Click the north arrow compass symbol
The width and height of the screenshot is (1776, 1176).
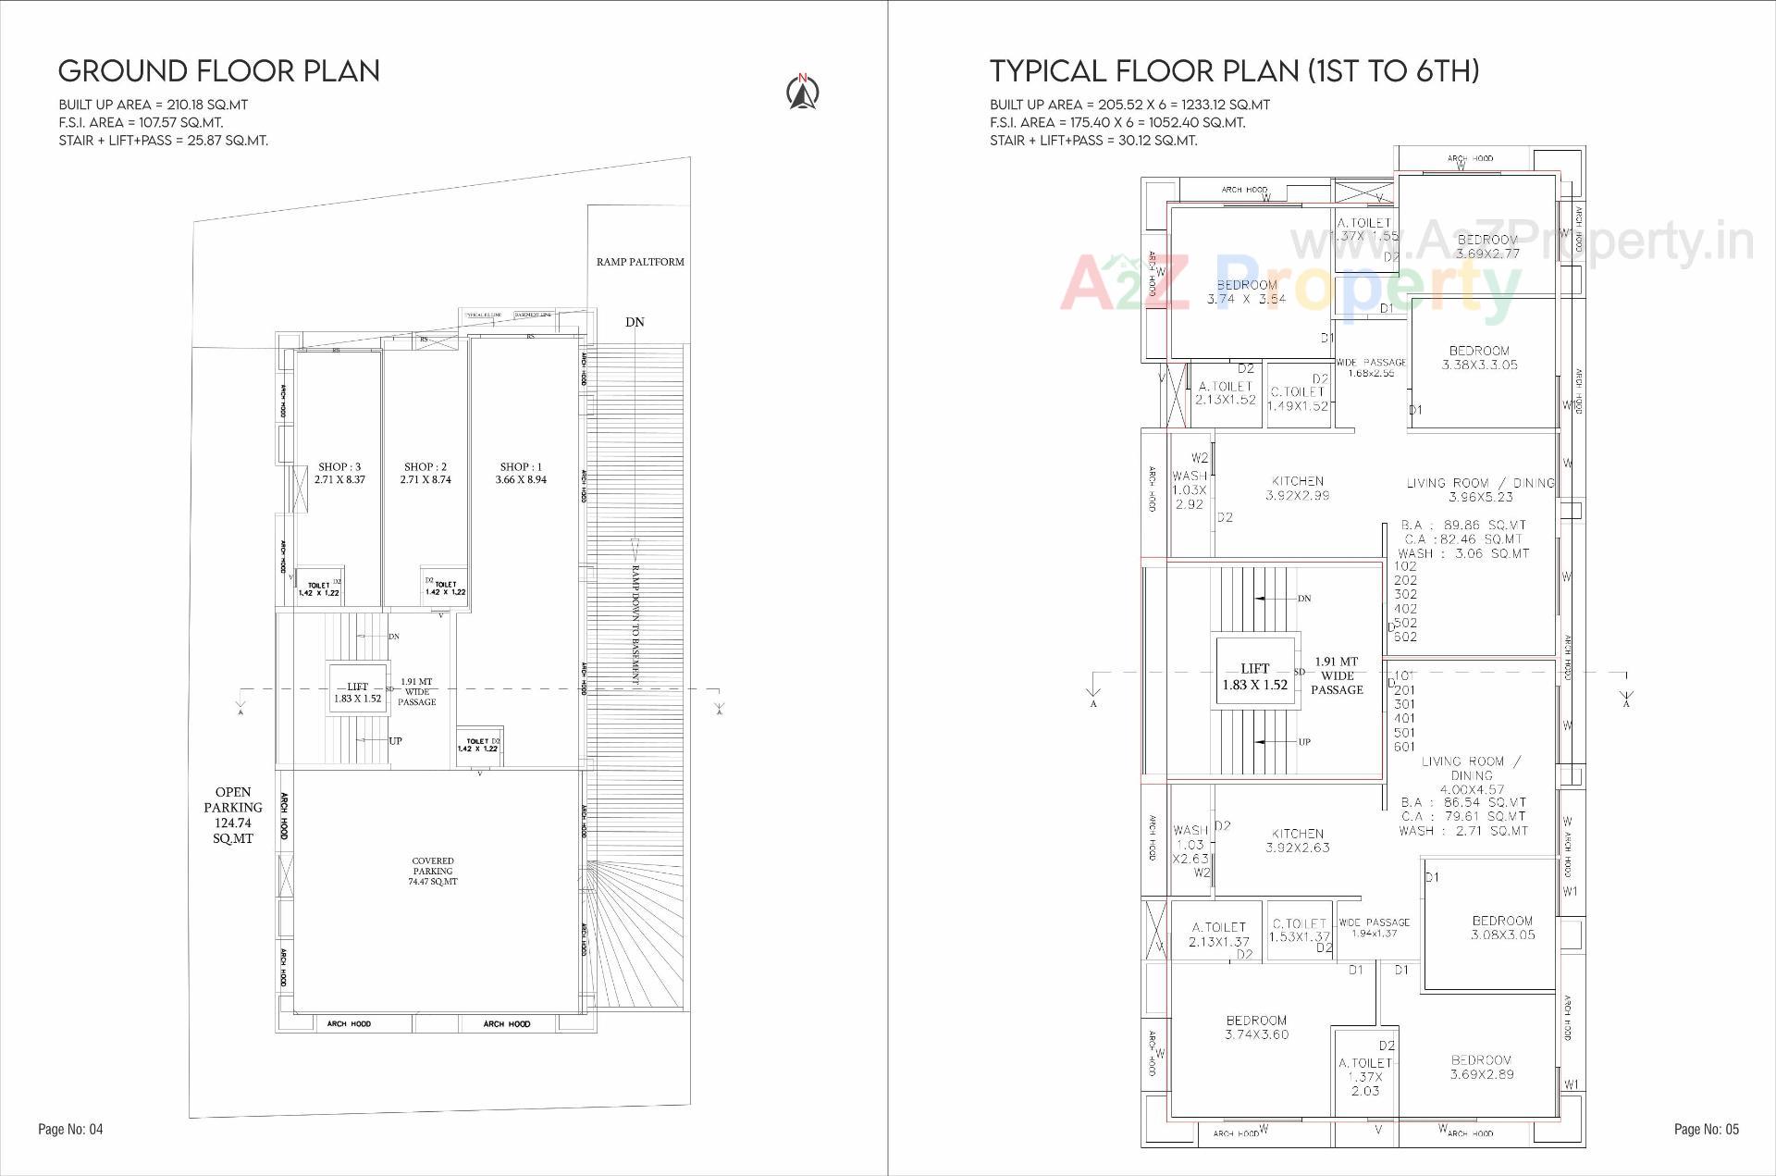point(803,92)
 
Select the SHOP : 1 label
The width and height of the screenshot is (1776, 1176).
point(521,473)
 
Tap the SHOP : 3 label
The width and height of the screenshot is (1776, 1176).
point(339,473)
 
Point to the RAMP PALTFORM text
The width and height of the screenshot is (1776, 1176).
point(640,262)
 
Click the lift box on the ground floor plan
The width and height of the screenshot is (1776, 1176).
point(357,692)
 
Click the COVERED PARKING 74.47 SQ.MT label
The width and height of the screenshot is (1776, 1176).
point(433,872)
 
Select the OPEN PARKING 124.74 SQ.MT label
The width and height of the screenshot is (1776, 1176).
point(233,815)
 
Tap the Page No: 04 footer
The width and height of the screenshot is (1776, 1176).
point(70,1129)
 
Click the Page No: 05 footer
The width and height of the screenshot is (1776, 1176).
point(1707,1129)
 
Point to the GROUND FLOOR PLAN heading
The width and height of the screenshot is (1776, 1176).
point(219,71)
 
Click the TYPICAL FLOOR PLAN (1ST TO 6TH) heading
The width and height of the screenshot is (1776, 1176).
point(1234,71)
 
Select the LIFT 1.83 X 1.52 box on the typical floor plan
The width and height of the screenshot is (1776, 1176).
point(1254,676)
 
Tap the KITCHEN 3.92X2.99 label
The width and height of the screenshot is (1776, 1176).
point(1298,489)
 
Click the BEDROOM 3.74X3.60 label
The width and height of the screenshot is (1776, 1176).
point(1256,1027)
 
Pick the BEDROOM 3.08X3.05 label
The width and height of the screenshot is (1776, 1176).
point(1502,928)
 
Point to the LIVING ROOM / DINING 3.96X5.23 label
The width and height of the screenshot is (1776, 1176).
point(1480,489)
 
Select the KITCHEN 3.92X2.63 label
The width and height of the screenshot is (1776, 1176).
point(1298,840)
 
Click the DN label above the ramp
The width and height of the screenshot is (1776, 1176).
point(635,322)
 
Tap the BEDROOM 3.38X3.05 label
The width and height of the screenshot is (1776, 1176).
point(1479,357)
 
